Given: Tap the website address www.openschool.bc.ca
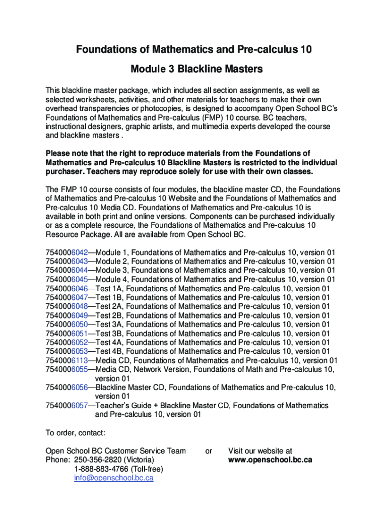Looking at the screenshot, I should (270, 460).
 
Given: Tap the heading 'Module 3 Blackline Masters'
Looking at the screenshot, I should (193, 68).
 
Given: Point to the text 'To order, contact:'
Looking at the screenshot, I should (76, 433).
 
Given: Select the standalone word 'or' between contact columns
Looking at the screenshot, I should (209, 451).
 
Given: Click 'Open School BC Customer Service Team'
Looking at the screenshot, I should (115, 451).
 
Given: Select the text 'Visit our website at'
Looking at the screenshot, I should (260, 451).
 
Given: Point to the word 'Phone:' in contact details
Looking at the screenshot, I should (57, 460).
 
